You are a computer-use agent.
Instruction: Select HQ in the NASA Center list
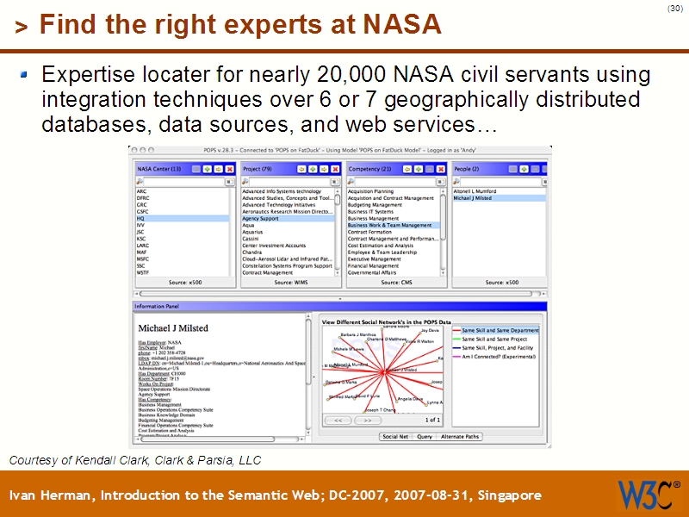(x=141, y=219)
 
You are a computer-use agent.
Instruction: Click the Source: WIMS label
(x=290, y=283)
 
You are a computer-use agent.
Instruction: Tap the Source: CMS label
(x=395, y=283)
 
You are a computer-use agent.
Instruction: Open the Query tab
(x=425, y=437)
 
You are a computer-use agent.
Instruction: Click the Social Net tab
(x=395, y=437)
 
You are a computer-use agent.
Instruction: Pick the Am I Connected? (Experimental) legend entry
(x=502, y=356)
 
